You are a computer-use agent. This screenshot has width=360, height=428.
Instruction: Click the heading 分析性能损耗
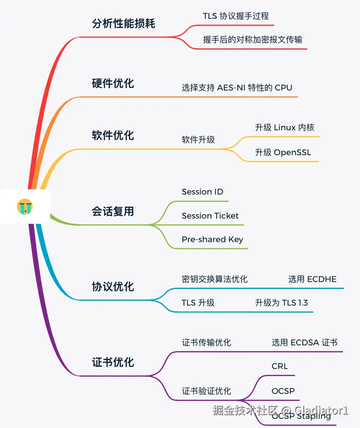coord(124,24)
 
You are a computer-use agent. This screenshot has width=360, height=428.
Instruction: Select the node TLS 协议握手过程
coord(235,16)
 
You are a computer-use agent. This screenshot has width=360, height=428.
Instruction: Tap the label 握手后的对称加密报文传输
coord(253,40)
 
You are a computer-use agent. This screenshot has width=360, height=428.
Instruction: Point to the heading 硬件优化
coord(113,83)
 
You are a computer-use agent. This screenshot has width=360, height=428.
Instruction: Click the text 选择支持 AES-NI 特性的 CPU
coord(237,87)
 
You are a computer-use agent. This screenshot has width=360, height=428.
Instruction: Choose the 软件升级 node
coord(198,140)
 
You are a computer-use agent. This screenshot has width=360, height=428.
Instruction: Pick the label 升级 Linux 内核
coord(284,128)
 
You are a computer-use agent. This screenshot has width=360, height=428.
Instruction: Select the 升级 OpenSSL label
coord(283,153)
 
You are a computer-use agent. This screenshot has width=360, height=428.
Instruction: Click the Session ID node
coord(202,192)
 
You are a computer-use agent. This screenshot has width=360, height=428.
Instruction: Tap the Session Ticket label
coord(210,216)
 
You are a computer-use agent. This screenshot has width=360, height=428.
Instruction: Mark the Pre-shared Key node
coord(212,240)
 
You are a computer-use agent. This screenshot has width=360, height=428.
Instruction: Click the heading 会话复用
coord(113,212)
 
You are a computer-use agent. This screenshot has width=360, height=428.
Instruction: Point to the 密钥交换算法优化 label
coord(215,279)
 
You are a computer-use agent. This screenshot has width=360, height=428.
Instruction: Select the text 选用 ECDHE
coord(312,279)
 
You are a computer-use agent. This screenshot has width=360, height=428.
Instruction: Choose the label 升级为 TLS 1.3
coord(281,303)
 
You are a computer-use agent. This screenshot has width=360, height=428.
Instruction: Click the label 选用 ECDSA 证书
coord(305,343)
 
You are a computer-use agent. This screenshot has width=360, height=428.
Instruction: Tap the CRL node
coord(280,366)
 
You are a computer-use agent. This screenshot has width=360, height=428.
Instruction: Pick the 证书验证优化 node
coord(206,391)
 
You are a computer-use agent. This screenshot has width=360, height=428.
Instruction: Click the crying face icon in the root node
coord(25,206)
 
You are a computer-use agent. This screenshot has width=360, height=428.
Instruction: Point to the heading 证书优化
coord(113,362)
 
